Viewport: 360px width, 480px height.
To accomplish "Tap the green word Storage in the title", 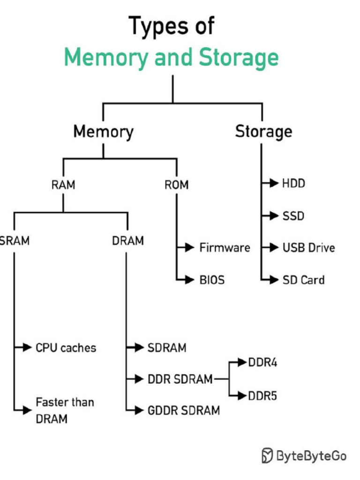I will click(x=239, y=58).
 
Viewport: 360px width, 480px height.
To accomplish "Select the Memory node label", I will click(x=103, y=132).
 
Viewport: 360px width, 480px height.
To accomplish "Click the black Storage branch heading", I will click(x=263, y=132).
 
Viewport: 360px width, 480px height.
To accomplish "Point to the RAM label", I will click(x=63, y=185).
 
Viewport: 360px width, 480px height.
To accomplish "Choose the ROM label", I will click(x=176, y=185).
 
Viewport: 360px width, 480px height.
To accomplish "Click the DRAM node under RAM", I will click(x=127, y=241).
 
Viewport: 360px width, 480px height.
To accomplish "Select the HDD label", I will click(x=293, y=183).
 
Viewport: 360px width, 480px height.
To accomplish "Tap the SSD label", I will click(x=293, y=216).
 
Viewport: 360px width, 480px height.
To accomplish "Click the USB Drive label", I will click(x=308, y=247).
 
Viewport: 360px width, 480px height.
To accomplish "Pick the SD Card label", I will click(x=303, y=280).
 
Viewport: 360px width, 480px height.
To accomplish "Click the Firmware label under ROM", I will click(x=225, y=247).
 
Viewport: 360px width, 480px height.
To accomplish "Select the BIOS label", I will click(x=212, y=280).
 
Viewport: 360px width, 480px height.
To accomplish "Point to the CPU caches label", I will click(x=66, y=348).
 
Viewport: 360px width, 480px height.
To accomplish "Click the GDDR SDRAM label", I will click(x=183, y=411).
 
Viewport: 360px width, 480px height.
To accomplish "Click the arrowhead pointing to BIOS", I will click(x=189, y=280).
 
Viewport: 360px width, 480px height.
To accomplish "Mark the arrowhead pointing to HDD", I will click(x=273, y=183).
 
